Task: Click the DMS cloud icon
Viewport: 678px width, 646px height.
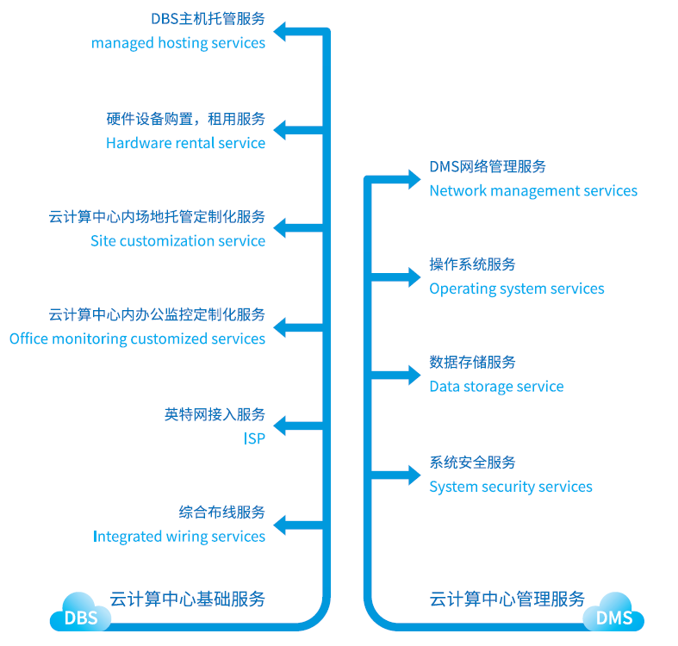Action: coord(614,614)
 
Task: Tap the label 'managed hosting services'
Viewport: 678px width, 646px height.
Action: coord(178,43)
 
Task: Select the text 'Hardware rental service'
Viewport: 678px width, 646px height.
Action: coord(185,143)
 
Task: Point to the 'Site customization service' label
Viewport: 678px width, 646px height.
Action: coord(177,241)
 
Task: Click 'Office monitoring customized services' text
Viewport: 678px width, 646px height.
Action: coord(137,339)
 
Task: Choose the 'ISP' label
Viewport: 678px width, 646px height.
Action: coord(253,438)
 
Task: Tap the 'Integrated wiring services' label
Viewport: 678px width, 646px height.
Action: coord(179,537)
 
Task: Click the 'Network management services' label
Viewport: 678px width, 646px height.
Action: coord(533,191)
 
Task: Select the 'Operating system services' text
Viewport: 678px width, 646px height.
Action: coord(517,289)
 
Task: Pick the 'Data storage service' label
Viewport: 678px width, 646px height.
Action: coord(496,387)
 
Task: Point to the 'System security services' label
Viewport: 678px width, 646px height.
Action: coord(511,487)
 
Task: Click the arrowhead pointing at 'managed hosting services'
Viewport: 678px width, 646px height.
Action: coord(282,33)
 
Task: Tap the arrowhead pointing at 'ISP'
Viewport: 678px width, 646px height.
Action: coord(282,425)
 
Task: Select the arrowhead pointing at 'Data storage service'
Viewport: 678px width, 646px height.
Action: coord(413,376)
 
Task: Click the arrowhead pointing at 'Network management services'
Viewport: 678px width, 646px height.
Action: coord(413,179)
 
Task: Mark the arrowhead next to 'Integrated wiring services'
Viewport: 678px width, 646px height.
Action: coord(282,524)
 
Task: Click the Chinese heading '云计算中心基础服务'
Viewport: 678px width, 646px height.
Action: coord(187,599)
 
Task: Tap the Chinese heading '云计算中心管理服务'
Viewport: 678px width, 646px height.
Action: coord(507,599)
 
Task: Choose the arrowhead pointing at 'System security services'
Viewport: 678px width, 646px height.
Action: coord(413,474)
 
